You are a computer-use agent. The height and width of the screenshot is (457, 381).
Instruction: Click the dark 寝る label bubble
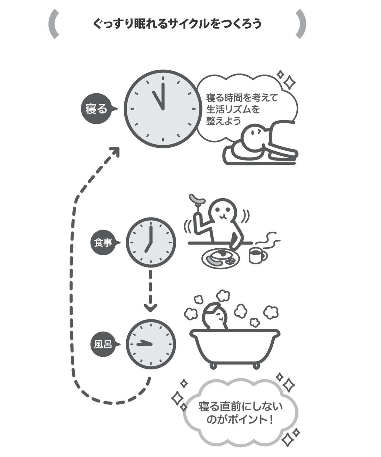coord(96,109)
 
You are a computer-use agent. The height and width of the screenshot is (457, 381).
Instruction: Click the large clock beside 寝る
coord(162,109)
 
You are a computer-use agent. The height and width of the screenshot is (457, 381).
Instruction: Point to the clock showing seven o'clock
coord(151,242)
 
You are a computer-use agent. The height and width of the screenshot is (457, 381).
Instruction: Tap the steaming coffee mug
coord(257,255)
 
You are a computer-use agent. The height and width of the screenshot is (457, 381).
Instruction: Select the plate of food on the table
coord(220,258)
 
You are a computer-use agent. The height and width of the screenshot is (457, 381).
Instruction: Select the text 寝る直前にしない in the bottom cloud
coord(240,406)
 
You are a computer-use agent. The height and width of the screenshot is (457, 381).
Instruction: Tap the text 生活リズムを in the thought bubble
coord(233,109)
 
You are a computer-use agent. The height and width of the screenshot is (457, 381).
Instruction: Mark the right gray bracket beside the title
coord(301,24)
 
